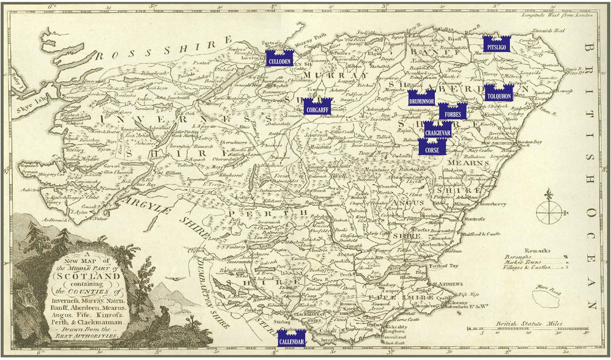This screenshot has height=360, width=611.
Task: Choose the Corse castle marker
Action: coord(432,146)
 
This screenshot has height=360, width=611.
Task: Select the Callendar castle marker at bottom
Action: coord(291,338)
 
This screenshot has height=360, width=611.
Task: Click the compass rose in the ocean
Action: coord(546,213)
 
